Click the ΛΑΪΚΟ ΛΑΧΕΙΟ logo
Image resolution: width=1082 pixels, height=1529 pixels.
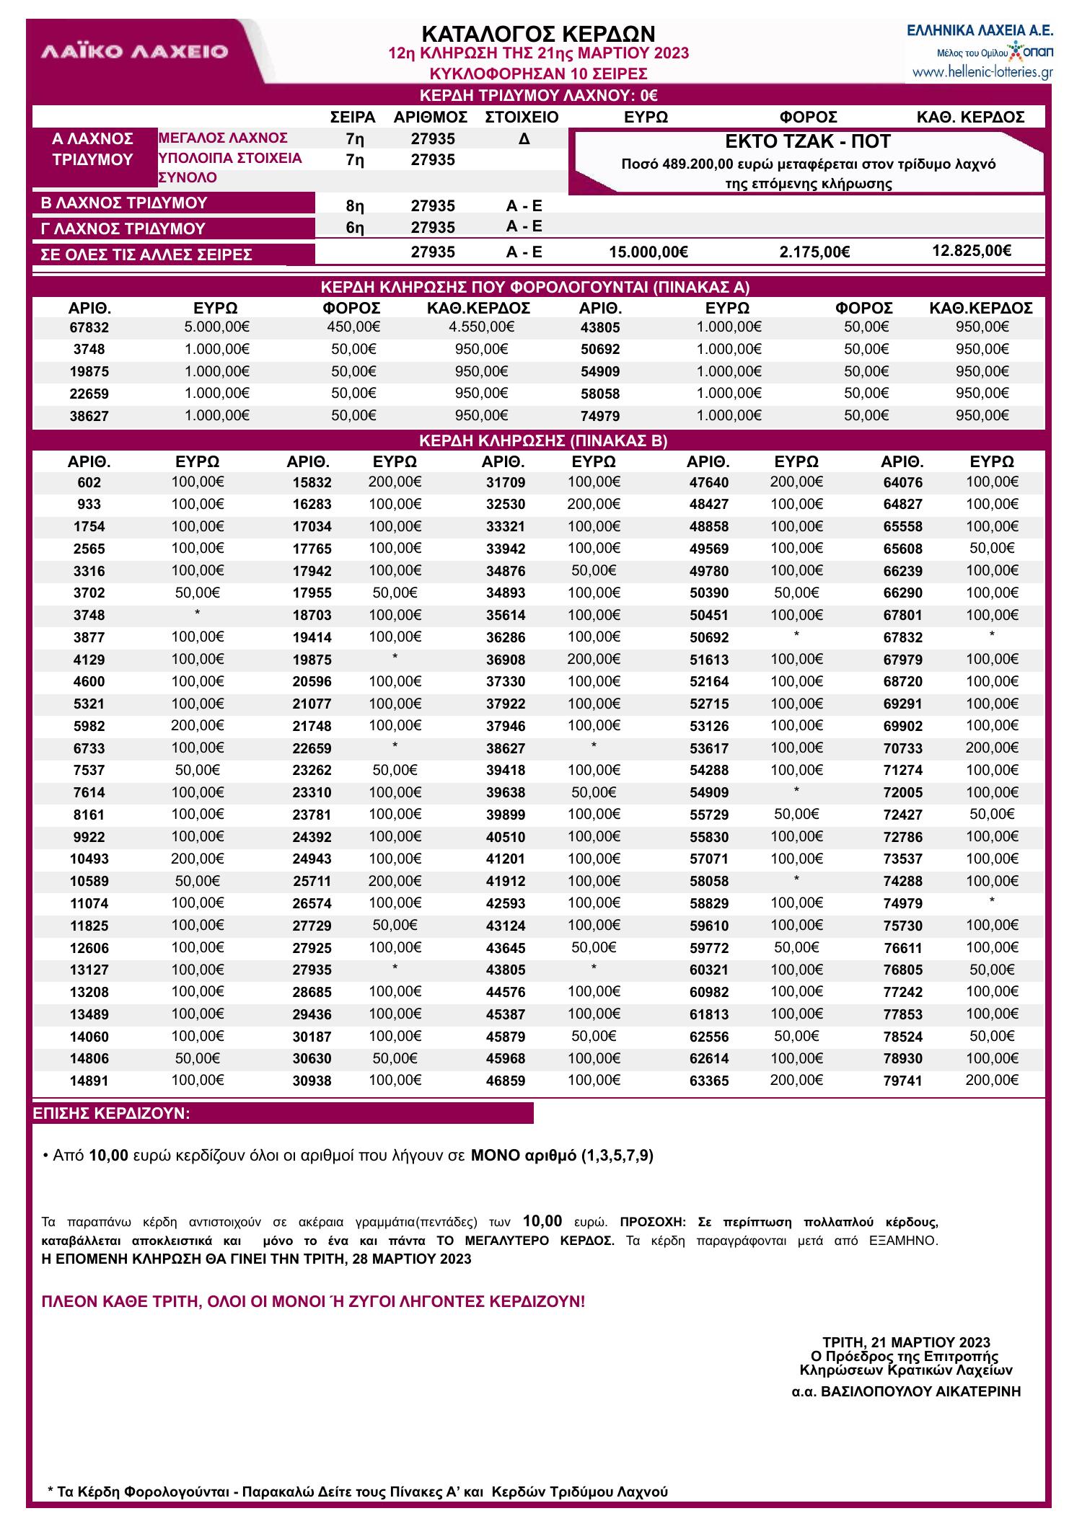(135, 52)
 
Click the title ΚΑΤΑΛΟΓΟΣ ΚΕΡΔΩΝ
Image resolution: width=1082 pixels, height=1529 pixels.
(538, 34)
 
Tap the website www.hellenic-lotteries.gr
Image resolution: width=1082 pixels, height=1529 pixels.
(982, 72)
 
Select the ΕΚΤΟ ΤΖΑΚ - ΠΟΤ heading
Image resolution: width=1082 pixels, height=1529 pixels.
(807, 141)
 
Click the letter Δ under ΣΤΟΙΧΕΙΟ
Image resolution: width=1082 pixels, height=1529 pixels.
(524, 138)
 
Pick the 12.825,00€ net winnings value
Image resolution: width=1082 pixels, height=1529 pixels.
(971, 251)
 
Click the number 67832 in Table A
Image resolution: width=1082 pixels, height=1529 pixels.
(89, 328)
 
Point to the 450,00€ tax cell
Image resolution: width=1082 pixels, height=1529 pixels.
(353, 327)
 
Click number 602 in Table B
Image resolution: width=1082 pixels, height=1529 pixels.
(89, 483)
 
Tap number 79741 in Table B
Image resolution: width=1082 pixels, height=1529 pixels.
(902, 1081)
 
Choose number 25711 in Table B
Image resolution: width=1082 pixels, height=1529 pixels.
(312, 882)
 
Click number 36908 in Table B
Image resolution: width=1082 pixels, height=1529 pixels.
(506, 660)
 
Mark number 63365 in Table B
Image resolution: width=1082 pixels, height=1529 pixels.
(709, 1081)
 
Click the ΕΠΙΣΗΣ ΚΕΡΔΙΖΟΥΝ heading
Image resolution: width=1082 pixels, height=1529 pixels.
(112, 1114)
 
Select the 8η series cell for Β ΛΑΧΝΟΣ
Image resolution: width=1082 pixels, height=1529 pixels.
(355, 206)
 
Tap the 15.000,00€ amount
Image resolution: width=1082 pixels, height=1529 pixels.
(648, 252)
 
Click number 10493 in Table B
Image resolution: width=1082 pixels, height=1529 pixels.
(89, 859)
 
